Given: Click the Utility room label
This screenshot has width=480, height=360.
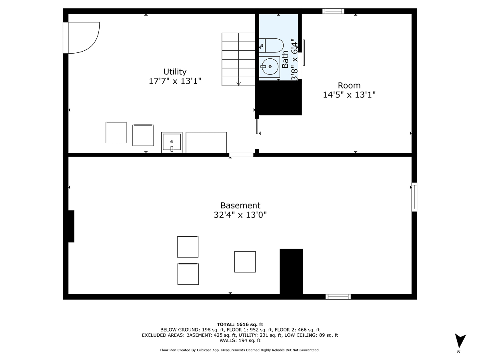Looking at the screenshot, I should pyautogui.click(x=175, y=72).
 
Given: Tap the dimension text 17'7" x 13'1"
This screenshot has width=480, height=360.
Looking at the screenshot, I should pyautogui.click(x=175, y=81).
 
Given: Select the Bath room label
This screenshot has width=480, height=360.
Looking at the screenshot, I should pyautogui.click(x=285, y=59).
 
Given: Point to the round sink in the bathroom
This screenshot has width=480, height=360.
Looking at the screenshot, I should pyautogui.click(x=270, y=66).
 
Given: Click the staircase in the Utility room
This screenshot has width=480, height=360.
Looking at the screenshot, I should pyautogui.click(x=238, y=59).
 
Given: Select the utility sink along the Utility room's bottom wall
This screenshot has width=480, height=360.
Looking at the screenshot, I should pyautogui.click(x=172, y=142).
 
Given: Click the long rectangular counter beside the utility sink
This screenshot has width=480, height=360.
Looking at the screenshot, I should pyautogui.click(x=206, y=142).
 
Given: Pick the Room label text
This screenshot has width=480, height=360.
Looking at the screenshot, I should pyautogui.click(x=349, y=85).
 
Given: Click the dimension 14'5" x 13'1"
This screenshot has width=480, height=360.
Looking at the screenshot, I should pyautogui.click(x=349, y=95).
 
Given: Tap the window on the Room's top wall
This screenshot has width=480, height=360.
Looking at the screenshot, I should pyautogui.click(x=333, y=11).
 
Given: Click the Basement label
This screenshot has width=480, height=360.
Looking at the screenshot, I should pyautogui.click(x=240, y=205).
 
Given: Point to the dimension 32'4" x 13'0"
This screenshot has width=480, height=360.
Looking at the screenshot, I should pyautogui.click(x=240, y=215).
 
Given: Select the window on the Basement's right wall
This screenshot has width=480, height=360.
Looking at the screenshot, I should pyautogui.click(x=414, y=197).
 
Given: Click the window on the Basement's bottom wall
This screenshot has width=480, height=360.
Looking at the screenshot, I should pyautogui.click(x=338, y=296).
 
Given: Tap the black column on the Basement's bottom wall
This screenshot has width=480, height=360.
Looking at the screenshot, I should pyautogui.click(x=291, y=272).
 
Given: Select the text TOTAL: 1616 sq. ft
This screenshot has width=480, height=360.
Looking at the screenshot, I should pyautogui.click(x=240, y=324).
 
